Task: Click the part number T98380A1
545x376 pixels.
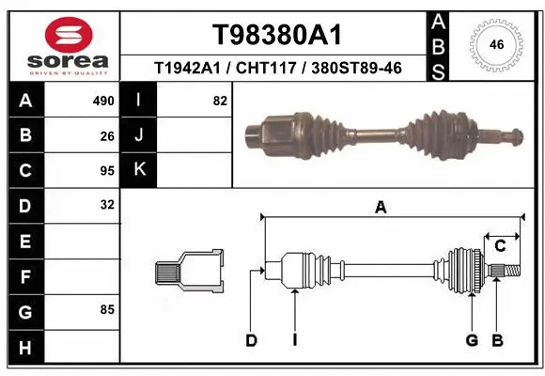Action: pos(275,35)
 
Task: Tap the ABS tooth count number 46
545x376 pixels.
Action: pos(497,43)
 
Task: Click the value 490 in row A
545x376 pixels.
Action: pos(103,101)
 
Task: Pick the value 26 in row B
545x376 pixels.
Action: pos(107,135)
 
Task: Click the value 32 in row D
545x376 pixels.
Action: pos(107,205)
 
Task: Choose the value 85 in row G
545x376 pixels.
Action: pos(107,309)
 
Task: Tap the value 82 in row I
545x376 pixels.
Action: pos(220,101)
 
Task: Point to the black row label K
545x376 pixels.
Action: pos(140,170)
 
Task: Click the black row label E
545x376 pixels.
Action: pos(24,241)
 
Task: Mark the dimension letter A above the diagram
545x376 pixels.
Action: pos(381,208)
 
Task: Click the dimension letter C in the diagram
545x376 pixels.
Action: pos(501,246)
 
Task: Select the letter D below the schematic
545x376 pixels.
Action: pos(251,340)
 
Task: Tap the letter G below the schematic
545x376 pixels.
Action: pos(472,340)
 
